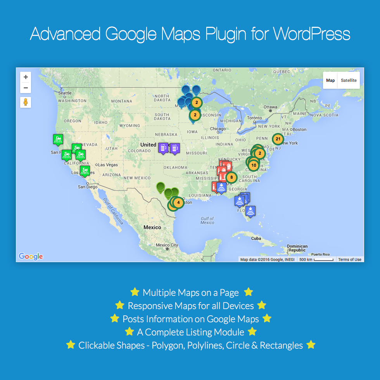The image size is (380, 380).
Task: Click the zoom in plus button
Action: (x=26, y=77)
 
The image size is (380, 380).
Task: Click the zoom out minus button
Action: (x=26, y=88)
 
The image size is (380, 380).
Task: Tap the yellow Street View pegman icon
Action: (x=26, y=102)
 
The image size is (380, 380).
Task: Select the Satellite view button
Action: (x=349, y=81)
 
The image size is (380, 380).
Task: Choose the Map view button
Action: (x=330, y=81)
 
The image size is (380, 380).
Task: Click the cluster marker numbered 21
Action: (x=278, y=139)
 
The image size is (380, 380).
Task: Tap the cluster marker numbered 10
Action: (x=254, y=165)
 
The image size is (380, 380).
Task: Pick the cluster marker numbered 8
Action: (x=231, y=178)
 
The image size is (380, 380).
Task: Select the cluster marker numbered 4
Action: (x=178, y=202)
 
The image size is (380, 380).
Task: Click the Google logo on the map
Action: (x=31, y=256)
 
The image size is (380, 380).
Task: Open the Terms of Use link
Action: (x=349, y=260)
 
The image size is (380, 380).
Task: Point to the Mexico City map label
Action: (x=167, y=245)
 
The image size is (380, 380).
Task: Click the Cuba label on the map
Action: (x=256, y=238)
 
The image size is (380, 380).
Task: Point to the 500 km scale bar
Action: (x=316, y=259)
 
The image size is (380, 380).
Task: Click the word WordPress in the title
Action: (x=311, y=34)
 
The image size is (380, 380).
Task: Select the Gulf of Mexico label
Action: (x=207, y=221)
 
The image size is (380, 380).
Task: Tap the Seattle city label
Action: (x=65, y=93)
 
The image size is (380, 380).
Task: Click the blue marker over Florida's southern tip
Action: (x=250, y=211)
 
